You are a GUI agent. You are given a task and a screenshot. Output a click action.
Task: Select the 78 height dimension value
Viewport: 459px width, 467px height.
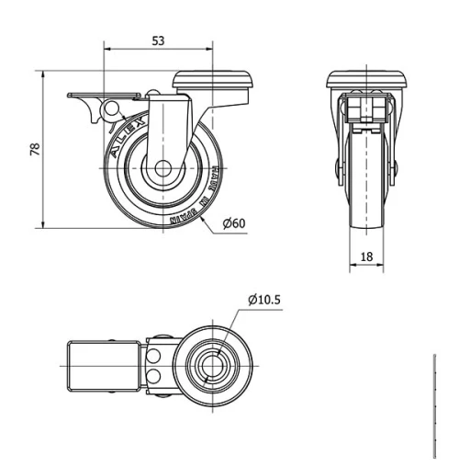point(35,150)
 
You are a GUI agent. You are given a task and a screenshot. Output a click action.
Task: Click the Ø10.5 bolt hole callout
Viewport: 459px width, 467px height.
point(263,300)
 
